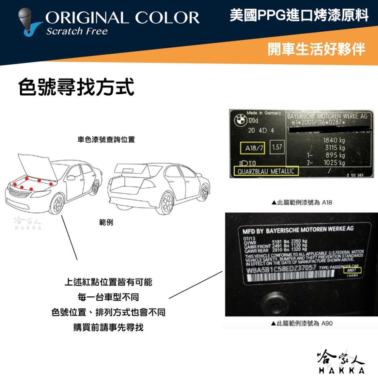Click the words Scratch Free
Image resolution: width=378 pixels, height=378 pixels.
pyautogui.click(x=77, y=31)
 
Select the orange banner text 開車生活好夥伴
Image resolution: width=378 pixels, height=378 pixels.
pyautogui.click(x=316, y=49)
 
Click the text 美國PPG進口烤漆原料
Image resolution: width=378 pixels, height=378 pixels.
pyautogui.click(x=299, y=16)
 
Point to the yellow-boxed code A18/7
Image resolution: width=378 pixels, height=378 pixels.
pyautogui.click(x=254, y=148)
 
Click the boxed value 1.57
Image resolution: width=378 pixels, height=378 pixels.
pyautogui.click(x=277, y=147)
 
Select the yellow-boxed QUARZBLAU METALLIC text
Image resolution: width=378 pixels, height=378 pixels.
pyautogui.click(x=266, y=172)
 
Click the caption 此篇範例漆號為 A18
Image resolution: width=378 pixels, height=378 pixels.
pyautogui.click(x=302, y=203)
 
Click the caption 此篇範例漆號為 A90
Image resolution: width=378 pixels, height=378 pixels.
pyautogui.click(x=302, y=324)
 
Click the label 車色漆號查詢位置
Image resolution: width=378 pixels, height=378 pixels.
pyautogui.click(x=106, y=140)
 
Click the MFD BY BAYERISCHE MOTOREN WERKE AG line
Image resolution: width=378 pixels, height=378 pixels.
pyautogui.click(x=298, y=229)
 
